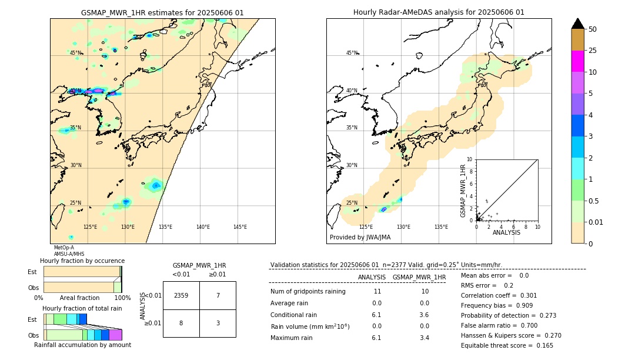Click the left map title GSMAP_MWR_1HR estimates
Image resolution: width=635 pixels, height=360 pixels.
[x=162, y=12]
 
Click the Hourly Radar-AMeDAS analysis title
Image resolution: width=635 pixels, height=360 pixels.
[x=439, y=12]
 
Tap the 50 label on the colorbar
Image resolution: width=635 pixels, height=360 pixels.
[x=593, y=29]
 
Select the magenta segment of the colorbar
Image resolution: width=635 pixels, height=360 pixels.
[x=577, y=61]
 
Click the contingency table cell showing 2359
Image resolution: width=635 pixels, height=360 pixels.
[x=181, y=295]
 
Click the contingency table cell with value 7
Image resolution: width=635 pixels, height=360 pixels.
[x=218, y=295]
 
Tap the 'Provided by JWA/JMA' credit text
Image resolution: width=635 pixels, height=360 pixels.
[x=360, y=238]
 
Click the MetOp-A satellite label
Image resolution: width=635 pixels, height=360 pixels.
[x=63, y=248]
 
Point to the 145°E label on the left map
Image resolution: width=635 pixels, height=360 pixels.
[x=240, y=227]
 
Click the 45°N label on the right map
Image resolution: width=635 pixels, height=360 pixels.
[x=352, y=53]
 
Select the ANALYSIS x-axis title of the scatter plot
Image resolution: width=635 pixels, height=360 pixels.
[x=506, y=232]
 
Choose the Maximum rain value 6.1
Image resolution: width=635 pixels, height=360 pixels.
[x=376, y=338]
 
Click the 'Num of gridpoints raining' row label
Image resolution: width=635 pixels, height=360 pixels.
[x=308, y=292]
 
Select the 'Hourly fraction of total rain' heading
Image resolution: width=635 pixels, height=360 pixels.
[x=82, y=308]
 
